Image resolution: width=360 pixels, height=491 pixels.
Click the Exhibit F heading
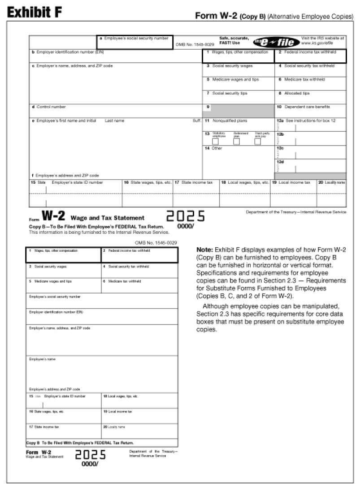click(34, 13)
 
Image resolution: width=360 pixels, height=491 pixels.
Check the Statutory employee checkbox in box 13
click(215, 142)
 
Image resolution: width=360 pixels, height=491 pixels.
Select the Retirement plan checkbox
click(236, 142)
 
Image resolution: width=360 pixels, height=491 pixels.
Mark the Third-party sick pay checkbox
click(258, 142)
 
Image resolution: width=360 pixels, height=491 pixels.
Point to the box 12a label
click(280, 121)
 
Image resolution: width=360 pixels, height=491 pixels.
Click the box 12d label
click(280, 161)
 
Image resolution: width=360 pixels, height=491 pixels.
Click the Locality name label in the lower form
click(115, 426)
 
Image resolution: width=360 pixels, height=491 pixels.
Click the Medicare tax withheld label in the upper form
click(304, 79)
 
